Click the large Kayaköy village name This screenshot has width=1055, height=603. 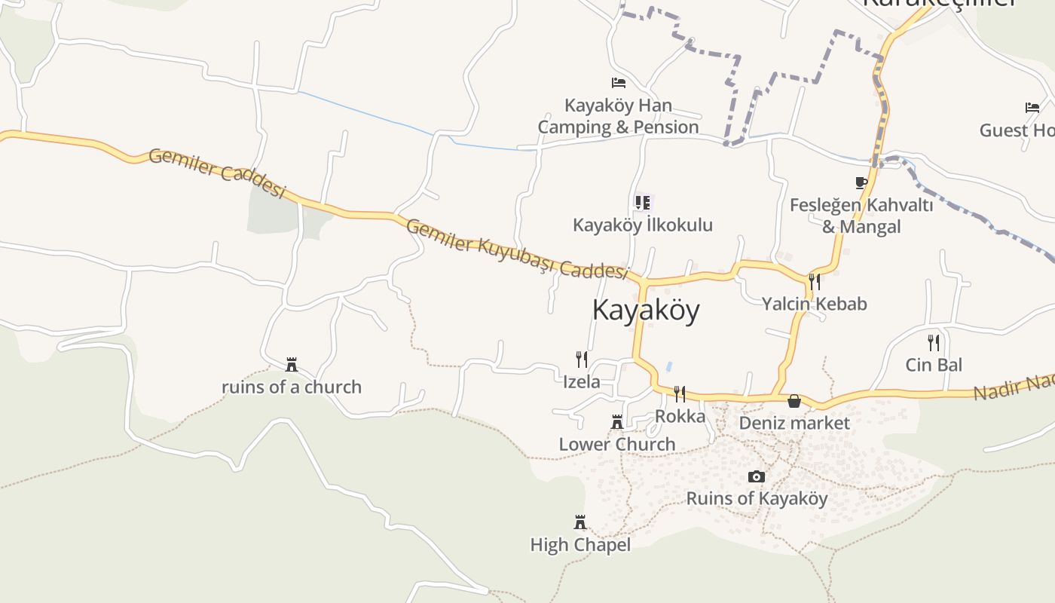click(646, 310)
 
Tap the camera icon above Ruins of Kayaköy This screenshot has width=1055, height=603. click(756, 476)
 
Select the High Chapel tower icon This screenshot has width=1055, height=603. click(580, 522)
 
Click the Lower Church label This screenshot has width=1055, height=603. click(616, 444)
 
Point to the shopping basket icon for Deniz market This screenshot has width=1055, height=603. click(794, 400)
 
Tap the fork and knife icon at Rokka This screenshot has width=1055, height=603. click(680, 393)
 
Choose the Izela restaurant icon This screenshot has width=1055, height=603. click(581, 358)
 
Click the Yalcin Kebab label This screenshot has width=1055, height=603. click(814, 304)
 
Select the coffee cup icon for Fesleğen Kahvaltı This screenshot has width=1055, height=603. click(861, 182)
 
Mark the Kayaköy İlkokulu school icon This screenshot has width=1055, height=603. click(642, 202)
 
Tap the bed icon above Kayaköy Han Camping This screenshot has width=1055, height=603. click(619, 82)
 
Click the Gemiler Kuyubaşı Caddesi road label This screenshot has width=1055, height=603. click(517, 249)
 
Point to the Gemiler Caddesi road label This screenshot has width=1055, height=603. click(217, 173)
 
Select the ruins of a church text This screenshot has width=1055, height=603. click(291, 387)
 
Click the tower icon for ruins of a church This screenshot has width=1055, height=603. click(292, 365)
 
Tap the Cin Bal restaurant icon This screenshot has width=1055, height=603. click(934, 342)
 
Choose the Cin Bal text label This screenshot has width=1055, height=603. click(934, 365)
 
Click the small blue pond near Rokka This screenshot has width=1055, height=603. click(669, 366)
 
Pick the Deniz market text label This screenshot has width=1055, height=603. click(794, 423)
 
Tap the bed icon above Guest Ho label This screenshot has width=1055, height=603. click(1032, 108)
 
